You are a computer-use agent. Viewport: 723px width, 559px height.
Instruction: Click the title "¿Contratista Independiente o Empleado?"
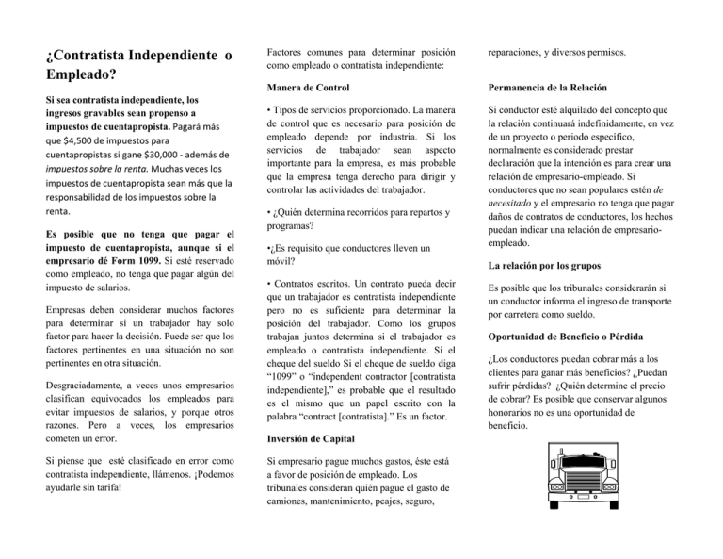pyautogui.click(x=138, y=65)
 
